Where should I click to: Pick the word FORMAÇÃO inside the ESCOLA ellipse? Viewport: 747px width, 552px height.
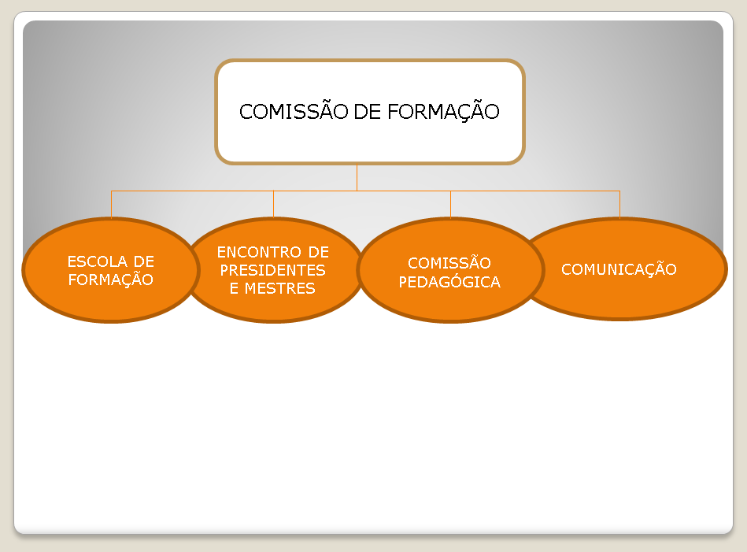pos(111,280)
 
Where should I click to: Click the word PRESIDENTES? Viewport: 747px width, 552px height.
pos(272,270)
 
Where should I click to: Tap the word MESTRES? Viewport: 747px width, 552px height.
pos(283,288)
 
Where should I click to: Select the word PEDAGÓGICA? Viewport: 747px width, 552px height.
pos(449,282)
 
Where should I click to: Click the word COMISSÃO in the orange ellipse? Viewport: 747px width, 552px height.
pos(449,263)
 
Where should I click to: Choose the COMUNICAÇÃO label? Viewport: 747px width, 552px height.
pos(619,269)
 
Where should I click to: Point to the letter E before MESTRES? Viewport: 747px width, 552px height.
pos(235,288)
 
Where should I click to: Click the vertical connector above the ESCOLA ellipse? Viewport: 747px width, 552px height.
pos(111,204)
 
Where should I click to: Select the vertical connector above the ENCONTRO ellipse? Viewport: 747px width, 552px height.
pos(273,204)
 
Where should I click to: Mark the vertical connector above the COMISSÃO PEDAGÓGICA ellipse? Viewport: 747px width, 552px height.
pos(450,204)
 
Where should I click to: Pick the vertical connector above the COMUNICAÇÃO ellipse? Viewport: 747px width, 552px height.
pos(619,204)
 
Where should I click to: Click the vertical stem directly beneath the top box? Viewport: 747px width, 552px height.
pos(357,177)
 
